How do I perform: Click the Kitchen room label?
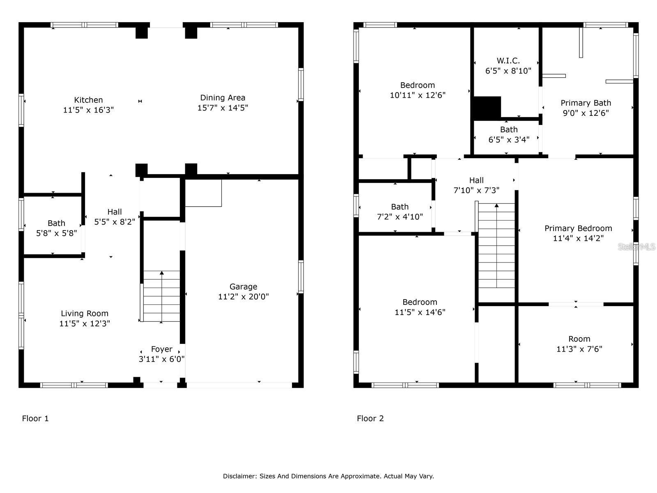click(x=88, y=100)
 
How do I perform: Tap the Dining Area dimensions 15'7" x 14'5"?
click(x=223, y=108)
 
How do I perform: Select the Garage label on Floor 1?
click(x=243, y=287)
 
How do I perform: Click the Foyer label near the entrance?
click(x=161, y=349)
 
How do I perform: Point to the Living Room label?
click(x=85, y=313)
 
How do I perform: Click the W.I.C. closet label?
click(x=508, y=61)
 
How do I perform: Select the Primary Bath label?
click(x=586, y=103)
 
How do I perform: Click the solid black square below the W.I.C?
click(x=487, y=107)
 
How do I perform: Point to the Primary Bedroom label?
click(x=578, y=228)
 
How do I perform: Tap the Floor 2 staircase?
click(x=496, y=246)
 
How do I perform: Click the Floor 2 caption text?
click(x=370, y=418)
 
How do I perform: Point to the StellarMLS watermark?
click(x=636, y=246)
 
